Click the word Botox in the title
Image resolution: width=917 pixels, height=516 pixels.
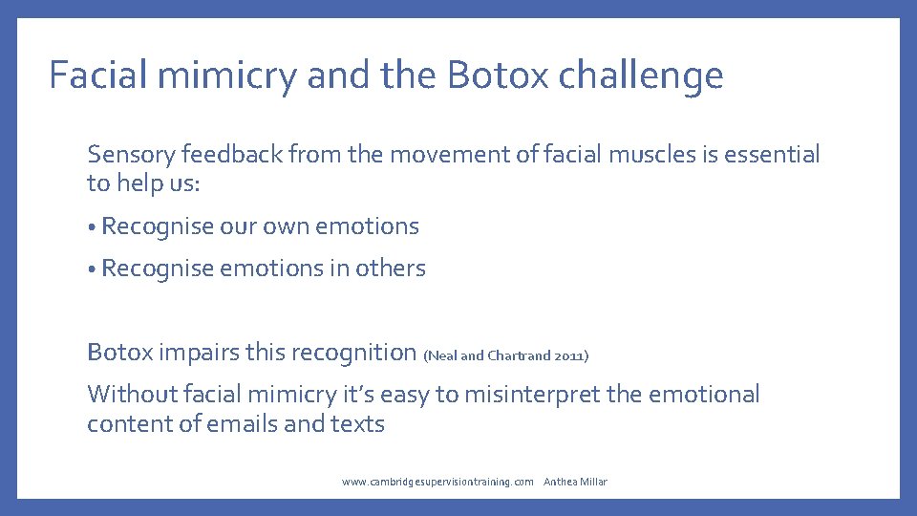[x=498, y=75]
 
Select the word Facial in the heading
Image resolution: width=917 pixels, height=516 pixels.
[x=93, y=75]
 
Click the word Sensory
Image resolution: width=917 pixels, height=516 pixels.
[x=133, y=155]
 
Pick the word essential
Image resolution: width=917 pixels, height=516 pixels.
[x=772, y=154]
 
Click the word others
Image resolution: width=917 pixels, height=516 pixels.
[x=390, y=269]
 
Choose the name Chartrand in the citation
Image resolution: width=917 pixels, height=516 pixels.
[x=519, y=356]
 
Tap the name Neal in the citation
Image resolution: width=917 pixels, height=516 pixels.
[x=441, y=356]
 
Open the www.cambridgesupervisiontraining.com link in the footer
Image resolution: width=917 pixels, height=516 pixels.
[x=437, y=482]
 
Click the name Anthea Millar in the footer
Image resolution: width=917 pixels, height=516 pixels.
[x=575, y=482]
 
